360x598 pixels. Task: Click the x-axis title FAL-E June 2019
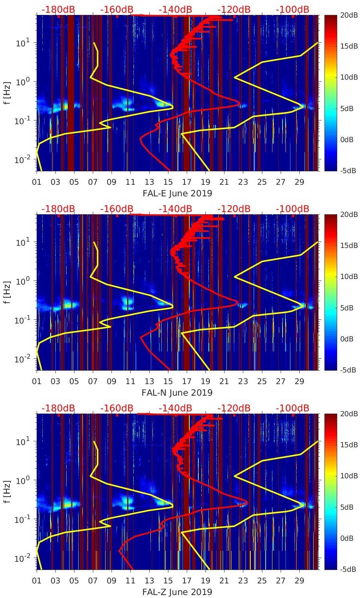pyautogui.click(x=177, y=193)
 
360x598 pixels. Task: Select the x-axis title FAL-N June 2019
pyautogui.click(x=177, y=393)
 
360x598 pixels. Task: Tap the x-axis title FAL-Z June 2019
pyautogui.click(x=177, y=592)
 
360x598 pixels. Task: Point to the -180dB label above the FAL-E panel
pyautogui.click(x=58, y=9)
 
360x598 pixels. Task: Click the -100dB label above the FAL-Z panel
pyautogui.click(x=293, y=408)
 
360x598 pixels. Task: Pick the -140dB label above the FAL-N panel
pyautogui.click(x=176, y=209)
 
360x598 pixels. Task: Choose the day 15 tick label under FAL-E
pyautogui.click(x=168, y=182)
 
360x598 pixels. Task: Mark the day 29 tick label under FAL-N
pyautogui.click(x=299, y=381)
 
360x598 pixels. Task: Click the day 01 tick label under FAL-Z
pyautogui.click(x=37, y=581)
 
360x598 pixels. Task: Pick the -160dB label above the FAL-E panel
pyautogui.click(x=117, y=9)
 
